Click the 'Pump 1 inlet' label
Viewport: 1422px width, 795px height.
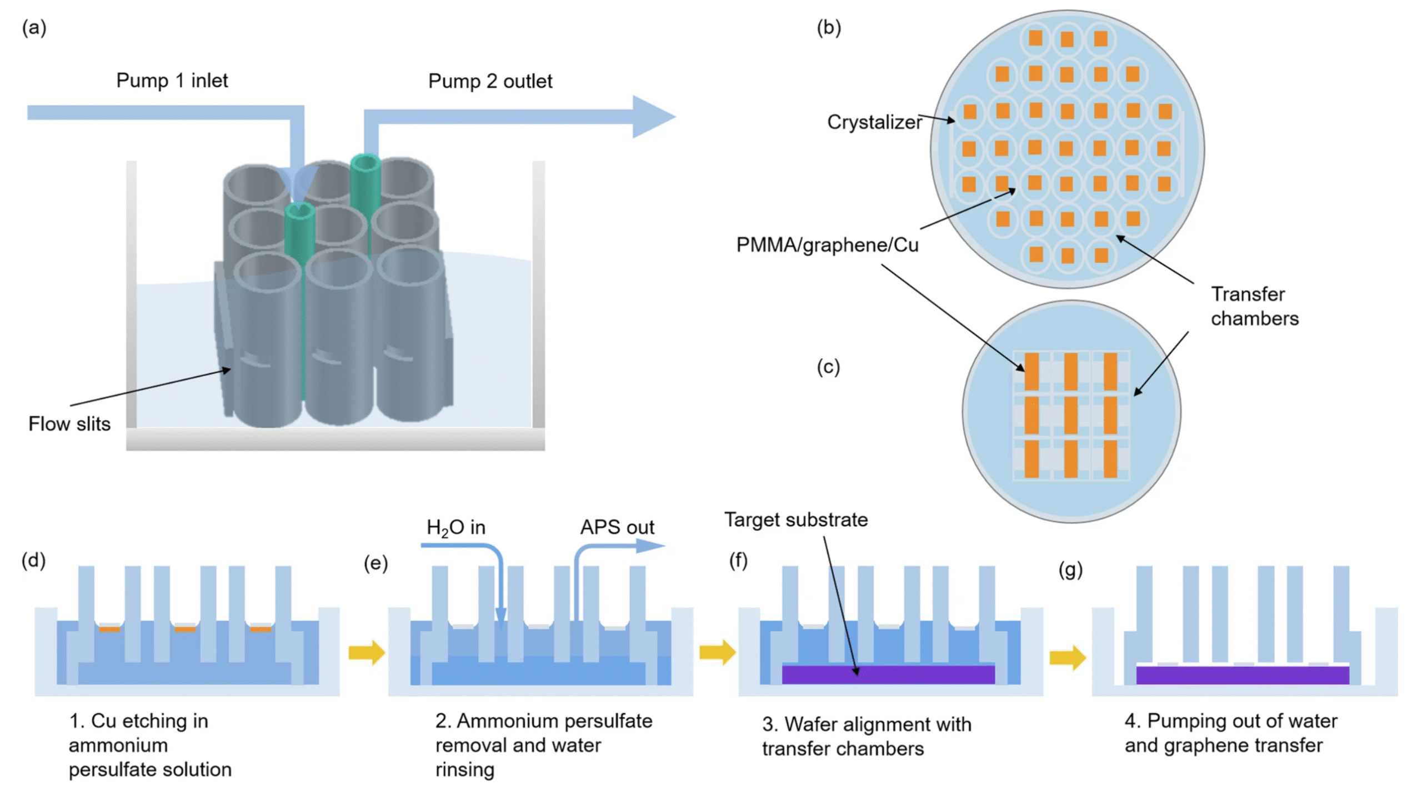(172, 81)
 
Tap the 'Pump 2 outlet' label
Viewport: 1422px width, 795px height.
(489, 81)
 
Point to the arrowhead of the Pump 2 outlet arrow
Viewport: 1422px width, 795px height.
(655, 117)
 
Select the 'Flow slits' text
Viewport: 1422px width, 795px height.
(69, 424)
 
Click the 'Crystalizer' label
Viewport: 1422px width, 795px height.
(874, 122)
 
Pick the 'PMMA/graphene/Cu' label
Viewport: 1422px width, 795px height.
(827, 245)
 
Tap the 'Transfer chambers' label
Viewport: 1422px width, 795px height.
(1254, 306)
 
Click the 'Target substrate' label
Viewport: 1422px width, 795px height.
(795, 519)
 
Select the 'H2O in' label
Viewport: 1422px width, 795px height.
(455, 527)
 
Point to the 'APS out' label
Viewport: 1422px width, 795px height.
(617, 527)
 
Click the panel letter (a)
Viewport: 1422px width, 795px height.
(34, 27)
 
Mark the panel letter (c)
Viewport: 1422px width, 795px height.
(828, 367)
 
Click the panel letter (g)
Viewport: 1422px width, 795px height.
(1070, 569)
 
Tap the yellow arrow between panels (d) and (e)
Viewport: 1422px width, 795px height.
(367, 652)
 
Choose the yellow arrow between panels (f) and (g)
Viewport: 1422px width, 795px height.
(1067, 658)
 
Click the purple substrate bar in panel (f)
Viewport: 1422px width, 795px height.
(888, 674)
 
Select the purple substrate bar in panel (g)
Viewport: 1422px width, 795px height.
(1242, 675)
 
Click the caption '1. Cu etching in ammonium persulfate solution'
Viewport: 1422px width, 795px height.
(150, 745)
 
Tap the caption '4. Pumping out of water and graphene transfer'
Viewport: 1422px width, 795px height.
(1230, 733)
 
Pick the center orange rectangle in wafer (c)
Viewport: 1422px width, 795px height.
(1070, 415)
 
